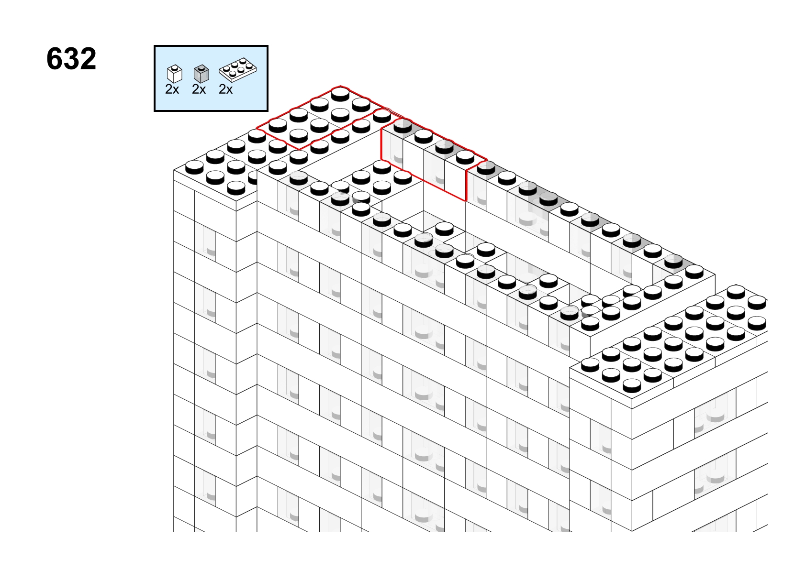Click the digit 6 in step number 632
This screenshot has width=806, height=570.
55,58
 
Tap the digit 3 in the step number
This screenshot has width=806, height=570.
71,58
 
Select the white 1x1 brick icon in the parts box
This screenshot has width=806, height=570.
175,74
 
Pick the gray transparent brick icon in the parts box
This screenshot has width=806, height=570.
201,74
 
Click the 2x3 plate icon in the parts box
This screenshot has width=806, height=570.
238,69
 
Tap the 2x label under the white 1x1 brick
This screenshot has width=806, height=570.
172,89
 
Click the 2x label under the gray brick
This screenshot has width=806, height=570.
199,89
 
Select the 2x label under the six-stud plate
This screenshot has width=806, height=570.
225,89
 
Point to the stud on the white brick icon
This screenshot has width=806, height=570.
175,67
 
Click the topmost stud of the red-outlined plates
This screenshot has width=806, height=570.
340,94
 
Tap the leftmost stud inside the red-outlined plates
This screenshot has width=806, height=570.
278,125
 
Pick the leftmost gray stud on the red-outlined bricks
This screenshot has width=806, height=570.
403,126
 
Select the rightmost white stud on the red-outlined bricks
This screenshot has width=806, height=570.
465,157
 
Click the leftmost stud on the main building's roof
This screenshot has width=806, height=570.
194,167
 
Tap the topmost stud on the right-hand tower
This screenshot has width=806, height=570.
736,292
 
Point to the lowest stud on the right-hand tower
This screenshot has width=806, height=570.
632,385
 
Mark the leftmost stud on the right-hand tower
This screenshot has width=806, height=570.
590,365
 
